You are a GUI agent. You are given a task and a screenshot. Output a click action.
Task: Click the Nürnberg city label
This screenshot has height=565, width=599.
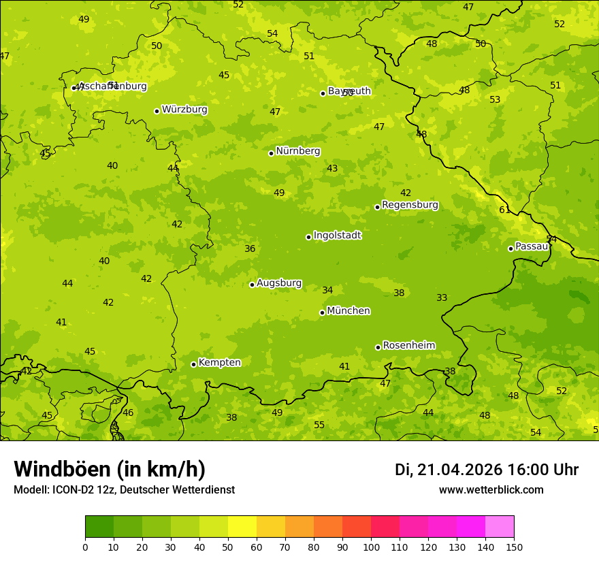click(297, 151)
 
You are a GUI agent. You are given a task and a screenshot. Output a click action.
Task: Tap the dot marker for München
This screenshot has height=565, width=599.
click(322, 312)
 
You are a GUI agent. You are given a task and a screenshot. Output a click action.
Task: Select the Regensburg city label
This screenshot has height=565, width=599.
click(410, 205)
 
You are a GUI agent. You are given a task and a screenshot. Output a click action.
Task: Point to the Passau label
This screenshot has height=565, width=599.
click(532, 246)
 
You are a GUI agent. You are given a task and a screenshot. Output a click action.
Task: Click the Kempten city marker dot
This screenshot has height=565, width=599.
click(193, 364)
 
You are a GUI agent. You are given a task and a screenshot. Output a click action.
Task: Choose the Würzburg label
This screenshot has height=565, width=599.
click(184, 110)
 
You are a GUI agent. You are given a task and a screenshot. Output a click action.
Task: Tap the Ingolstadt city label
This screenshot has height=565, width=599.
click(337, 236)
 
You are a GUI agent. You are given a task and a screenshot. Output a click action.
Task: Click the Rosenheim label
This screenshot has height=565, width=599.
click(408, 346)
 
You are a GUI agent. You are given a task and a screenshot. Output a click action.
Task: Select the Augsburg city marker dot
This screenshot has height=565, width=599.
click(252, 285)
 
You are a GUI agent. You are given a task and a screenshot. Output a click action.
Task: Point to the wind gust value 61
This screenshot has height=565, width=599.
click(504, 210)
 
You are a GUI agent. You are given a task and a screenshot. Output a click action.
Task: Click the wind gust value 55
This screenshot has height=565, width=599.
click(319, 425)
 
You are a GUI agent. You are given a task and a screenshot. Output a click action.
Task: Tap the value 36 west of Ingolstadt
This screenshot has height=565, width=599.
click(250, 248)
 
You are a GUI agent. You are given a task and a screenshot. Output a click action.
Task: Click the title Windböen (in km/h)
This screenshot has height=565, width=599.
click(110, 469)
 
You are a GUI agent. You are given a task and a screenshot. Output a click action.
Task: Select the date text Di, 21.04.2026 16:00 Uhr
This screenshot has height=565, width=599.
click(487, 470)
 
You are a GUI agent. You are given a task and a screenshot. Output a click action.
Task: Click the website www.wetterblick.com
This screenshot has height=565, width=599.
click(491, 489)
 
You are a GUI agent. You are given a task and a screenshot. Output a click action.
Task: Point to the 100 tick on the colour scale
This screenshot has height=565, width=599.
click(371, 547)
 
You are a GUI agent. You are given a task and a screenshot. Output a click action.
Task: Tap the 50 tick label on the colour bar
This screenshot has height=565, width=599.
click(228, 547)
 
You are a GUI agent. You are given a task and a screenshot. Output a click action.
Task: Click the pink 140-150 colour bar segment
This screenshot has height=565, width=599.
click(500, 527)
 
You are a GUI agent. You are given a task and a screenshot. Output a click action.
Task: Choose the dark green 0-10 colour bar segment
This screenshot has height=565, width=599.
click(99, 527)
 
